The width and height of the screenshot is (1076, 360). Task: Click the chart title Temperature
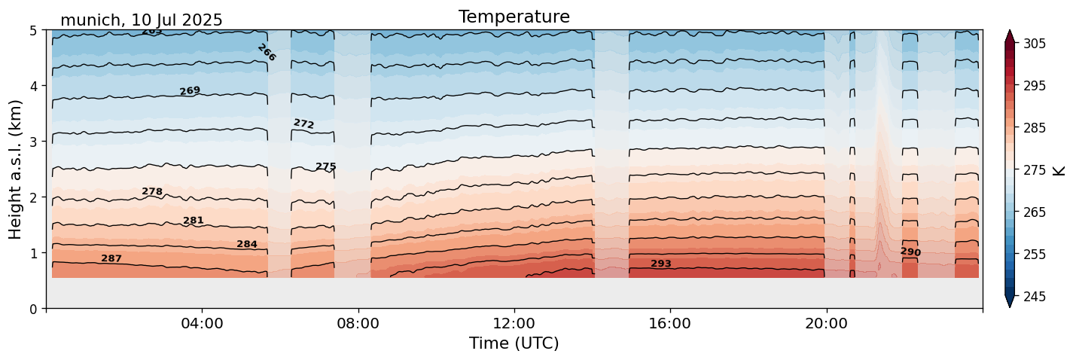pos(514,17)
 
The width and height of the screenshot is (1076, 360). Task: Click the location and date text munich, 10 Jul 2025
pos(141,20)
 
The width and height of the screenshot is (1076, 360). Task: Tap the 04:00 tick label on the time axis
pos(202,324)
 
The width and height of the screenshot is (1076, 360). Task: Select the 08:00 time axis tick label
pos(358,324)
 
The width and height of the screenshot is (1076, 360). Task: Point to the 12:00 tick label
pos(514,324)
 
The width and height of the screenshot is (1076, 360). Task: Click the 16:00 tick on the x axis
pos(670,324)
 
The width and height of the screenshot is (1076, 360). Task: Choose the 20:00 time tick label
pos(826,324)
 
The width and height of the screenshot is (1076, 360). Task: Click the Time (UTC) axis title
pos(514,343)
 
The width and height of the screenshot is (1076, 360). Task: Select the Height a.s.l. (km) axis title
pos(16,169)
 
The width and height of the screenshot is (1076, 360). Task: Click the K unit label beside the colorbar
pos(1060,170)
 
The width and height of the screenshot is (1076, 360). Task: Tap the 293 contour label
pos(661,264)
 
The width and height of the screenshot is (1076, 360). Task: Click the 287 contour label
pos(111,258)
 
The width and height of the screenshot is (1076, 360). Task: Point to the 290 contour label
pos(910,252)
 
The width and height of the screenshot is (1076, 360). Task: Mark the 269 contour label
pos(190,91)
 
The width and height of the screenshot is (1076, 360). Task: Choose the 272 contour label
pos(303,124)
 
